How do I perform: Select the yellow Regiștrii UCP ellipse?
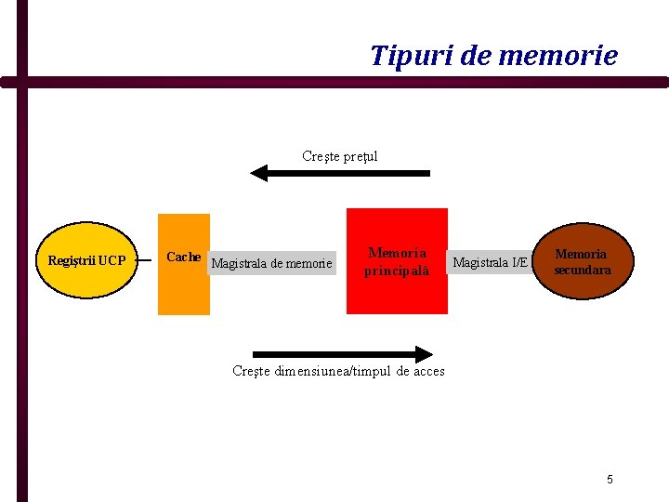[86, 260]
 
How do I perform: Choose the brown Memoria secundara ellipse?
[583, 261]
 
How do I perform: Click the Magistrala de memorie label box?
[271, 263]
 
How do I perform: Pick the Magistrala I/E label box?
[490, 263]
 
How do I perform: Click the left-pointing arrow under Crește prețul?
[340, 173]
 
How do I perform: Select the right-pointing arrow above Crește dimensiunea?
[342, 353]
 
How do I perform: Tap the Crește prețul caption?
[340, 156]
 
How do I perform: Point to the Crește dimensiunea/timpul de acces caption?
[338, 371]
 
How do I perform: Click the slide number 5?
[610, 480]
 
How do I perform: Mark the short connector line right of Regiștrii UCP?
[143, 260]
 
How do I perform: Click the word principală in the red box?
[397, 271]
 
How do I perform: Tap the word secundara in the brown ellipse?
[583, 271]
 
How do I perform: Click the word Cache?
[183, 257]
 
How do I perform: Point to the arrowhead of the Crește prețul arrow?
[258, 173]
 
